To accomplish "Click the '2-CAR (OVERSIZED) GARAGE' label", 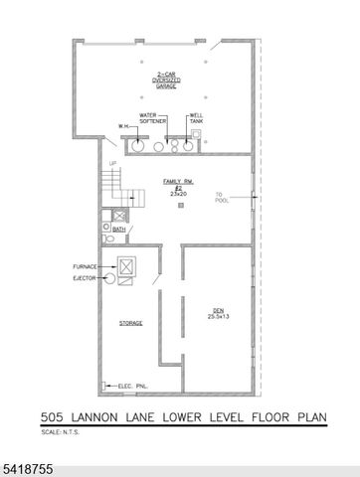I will coord(164,81).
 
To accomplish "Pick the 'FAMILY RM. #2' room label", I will coord(178,183).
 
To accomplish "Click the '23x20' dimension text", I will coord(178,195).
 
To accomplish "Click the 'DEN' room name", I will coord(217,310).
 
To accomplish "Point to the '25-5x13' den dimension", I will coord(218,317).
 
